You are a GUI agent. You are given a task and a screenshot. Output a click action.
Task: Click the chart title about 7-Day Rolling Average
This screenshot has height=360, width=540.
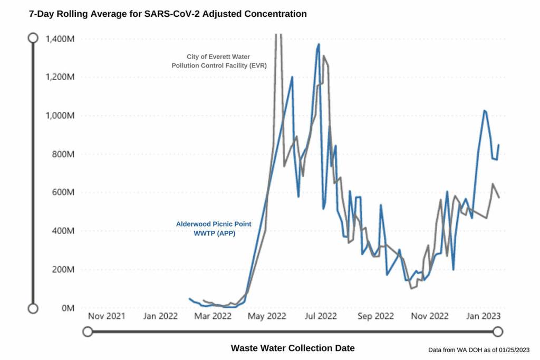pyautogui.click(x=168, y=14)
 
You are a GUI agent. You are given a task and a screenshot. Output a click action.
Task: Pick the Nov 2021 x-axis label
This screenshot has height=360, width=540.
pyautogui.click(x=106, y=316)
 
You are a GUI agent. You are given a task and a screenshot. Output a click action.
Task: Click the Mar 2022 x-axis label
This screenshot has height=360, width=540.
pyautogui.click(x=214, y=316)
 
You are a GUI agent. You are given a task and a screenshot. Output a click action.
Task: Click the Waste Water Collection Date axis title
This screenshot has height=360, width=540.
pyautogui.click(x=293, y=348)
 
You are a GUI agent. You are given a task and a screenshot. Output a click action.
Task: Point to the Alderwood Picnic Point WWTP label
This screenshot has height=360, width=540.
pyautogui.click(x=214, y=228)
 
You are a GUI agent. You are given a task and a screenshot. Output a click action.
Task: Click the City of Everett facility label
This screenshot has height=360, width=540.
pyautogui.click(x=219, y=61)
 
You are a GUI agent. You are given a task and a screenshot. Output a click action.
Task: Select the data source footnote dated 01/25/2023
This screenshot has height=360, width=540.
pyautogui.click(x=479, y=349)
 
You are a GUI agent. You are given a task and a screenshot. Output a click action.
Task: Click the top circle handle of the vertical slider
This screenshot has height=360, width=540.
pyautogui.click(x=33, y=38)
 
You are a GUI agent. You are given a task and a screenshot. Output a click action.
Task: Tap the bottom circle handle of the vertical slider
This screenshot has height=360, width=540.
pyautogui.click(x=33, y=308)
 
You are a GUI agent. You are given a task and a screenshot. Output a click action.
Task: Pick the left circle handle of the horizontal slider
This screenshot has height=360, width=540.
pyautogui.click(x=88, y=332)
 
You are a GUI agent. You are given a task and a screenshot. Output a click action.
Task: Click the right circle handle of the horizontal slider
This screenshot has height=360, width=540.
pyautogui.click(x=497, y=332)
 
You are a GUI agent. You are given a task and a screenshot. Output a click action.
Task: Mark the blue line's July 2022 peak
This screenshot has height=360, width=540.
pyautogui.click(x=319, y=44)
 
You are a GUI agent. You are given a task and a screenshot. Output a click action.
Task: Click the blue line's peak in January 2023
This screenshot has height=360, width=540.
pyautogui.click(x=484, y=111)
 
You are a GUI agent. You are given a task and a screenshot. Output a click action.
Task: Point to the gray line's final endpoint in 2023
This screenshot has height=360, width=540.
pyautogui.click(x=499, y=198)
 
